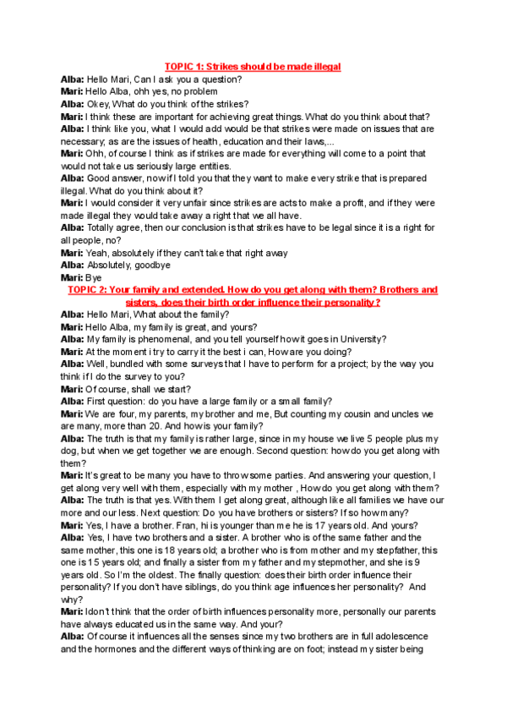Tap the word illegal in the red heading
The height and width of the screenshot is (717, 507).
coord(324,66)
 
